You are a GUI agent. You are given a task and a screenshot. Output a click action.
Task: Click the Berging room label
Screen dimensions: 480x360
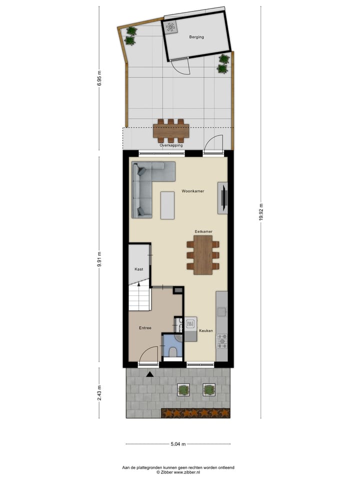pyautogui.click(x=196, y=37)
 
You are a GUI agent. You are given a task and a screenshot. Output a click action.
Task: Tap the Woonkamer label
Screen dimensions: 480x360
pyautogui.click(x=193, y=191)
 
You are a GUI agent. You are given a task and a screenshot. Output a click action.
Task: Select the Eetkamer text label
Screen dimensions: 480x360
pyautogui.click(x=203, y=232)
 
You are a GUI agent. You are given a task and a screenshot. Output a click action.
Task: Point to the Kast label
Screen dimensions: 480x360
pyautogui.click(x=139, y=269)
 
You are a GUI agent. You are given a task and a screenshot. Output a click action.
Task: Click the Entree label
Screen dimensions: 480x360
pyautogui.click(x=145, y=328)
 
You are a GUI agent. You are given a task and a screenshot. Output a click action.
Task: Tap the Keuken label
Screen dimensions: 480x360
pyautogui.click(x=206, y=331)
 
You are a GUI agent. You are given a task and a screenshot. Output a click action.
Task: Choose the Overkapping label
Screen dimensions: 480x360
pyautogui.click(x=171, y=145)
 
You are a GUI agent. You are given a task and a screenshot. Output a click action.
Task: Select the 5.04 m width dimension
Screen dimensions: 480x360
pyautogui.click(x=177, y=443)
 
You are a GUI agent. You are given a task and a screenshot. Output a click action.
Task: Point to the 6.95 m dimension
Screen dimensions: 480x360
pyautogui.click(x=99, y=78)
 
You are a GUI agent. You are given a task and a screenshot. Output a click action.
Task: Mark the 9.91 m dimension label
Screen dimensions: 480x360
pyautogui.click(x=99, y=260)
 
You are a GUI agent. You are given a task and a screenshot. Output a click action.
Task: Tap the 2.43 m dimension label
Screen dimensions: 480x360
pyautogui.click(x=99, y=393)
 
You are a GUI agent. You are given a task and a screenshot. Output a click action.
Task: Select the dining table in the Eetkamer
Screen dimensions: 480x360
pyautogui.click(x=203, y=254)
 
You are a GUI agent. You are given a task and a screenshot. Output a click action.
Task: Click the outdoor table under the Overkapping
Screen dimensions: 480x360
pyautogui.click(x=171, y=130)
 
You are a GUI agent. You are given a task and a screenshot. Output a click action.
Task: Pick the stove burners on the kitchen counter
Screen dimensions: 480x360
pyautogui.click(x=221, y=341)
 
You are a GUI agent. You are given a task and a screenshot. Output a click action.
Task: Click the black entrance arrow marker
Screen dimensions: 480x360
pyautogui.click(x=149, y=373)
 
